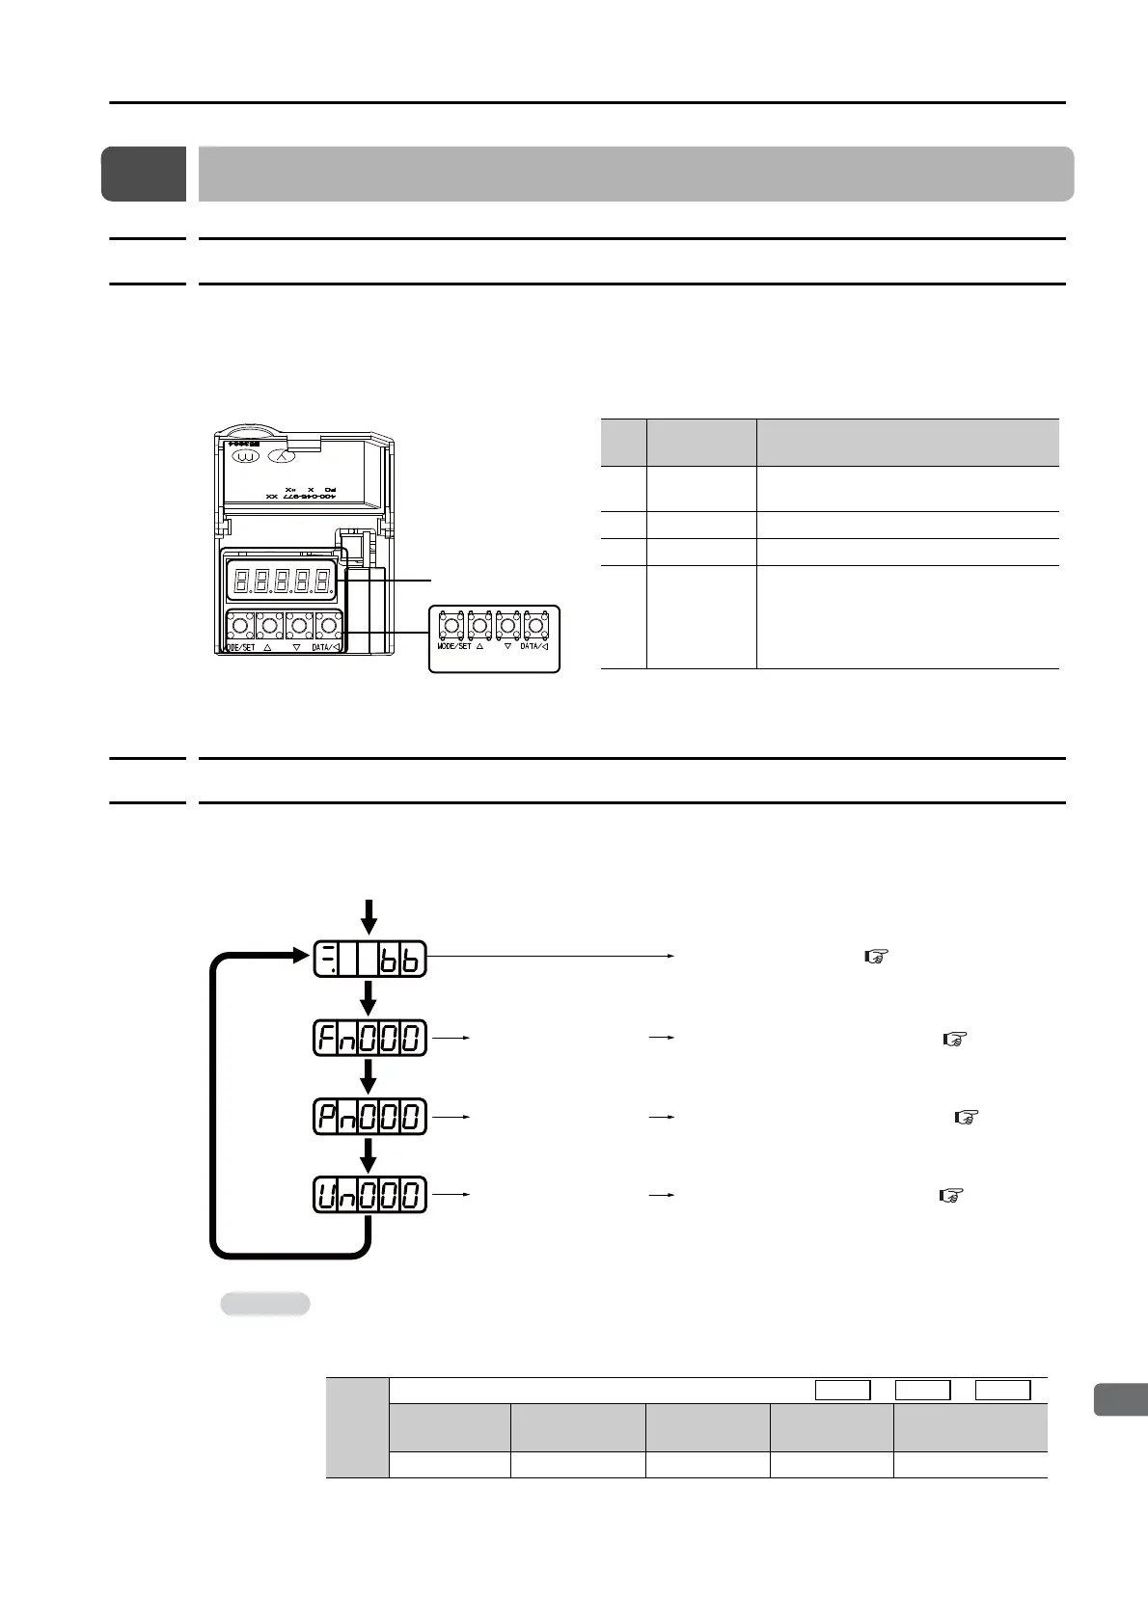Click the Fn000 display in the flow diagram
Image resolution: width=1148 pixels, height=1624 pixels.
tap(369, 1038)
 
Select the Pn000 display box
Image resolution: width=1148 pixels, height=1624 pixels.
tap(369, 1117)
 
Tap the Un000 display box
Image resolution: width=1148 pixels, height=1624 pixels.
tap(369, 1196)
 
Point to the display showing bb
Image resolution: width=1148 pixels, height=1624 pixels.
tap(369, 959)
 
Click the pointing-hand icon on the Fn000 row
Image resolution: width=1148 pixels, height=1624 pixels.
tap(953, 1039)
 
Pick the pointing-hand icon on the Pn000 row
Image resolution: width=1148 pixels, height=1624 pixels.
tap(966, 1118)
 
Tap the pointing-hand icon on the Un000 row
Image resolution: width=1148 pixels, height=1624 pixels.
tap(951, 1196)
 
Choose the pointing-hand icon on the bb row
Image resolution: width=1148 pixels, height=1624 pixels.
tap(876, 957)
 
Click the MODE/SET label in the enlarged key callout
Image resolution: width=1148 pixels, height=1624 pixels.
tap(453, 646)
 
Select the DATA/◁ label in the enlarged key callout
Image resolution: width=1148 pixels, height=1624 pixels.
tap(534, 646)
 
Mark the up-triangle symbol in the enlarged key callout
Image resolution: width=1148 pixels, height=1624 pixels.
tap(479, 646)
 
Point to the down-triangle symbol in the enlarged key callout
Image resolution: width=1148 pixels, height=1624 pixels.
tap(507, 646)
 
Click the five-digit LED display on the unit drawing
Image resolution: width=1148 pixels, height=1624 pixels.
tap(280, 581)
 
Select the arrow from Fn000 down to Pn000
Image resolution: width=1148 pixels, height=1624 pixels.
tap(369, 1077)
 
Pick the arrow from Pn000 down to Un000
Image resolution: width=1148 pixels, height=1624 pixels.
tap(369, 1156)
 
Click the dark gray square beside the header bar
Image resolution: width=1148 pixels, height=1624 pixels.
tap(144, 174)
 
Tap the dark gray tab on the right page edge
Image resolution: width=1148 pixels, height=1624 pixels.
tap(1120, 1399)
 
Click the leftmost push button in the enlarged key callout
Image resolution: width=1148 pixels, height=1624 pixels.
tap(451, 625)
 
